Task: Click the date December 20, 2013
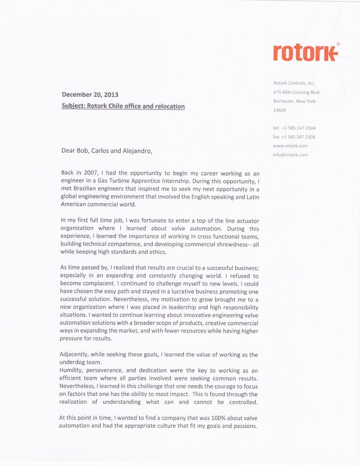pos(90,95)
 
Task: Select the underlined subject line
pos(123,106)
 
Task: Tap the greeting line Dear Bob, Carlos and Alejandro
pos(107,150)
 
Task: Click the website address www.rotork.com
pos(290,146)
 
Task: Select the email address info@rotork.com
pos(290,155)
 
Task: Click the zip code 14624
pos(279,110)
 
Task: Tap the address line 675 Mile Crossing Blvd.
pos(296,92)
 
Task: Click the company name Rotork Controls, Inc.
pos(294,83)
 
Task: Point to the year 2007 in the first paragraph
pos(91,173)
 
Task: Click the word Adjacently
pos(75,354)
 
